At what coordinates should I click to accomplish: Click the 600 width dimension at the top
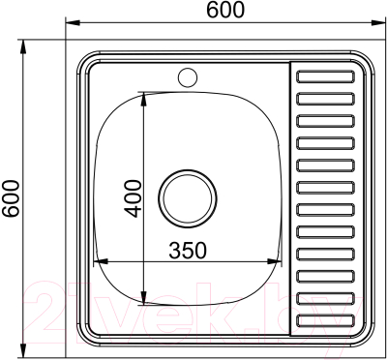(225, 10)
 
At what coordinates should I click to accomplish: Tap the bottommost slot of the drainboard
(330, 318)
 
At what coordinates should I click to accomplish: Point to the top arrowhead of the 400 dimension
(144, 94)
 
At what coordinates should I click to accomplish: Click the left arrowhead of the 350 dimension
(98, 261)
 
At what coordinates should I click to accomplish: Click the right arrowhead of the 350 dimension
(281, 261)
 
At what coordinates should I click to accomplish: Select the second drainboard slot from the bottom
(330, 298)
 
